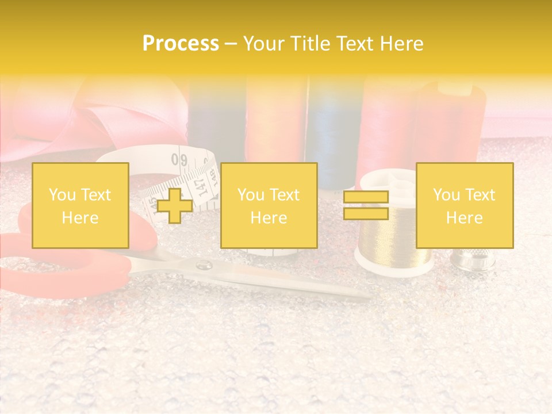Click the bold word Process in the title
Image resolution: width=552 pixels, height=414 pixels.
click(181, 44)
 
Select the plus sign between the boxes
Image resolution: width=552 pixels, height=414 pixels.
click(175, 205)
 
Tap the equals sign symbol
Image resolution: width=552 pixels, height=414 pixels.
click(366, 205)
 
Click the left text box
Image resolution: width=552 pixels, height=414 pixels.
click(80, 205)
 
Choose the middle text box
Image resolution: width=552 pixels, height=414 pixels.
click(269, 205)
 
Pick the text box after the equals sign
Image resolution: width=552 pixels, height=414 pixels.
click(464, 205)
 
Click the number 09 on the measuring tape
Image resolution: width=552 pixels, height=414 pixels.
click(179, 159)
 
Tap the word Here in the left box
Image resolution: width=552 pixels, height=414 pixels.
click(80, 218)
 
